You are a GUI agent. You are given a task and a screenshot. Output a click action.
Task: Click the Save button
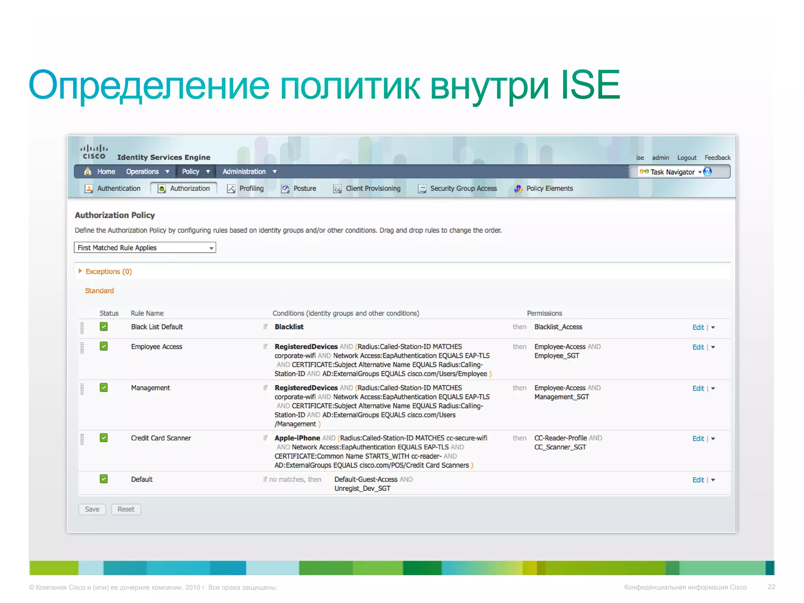tap(92, 509)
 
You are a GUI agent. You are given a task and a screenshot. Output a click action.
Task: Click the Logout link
tap(687, 158)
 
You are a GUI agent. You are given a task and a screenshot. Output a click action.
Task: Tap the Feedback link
tap(717, 158)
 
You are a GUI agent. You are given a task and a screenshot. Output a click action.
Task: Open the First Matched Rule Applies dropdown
tap(145, 248)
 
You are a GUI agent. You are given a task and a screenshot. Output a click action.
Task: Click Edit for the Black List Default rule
tap(698, 327)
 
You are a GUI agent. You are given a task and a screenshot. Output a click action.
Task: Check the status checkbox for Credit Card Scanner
tap(104, 438)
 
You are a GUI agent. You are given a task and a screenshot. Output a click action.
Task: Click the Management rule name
tap(150, 388)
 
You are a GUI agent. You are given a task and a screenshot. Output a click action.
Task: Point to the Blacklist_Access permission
tap(558, 327)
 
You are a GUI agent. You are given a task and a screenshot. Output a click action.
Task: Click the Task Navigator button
tap(672, 172)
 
